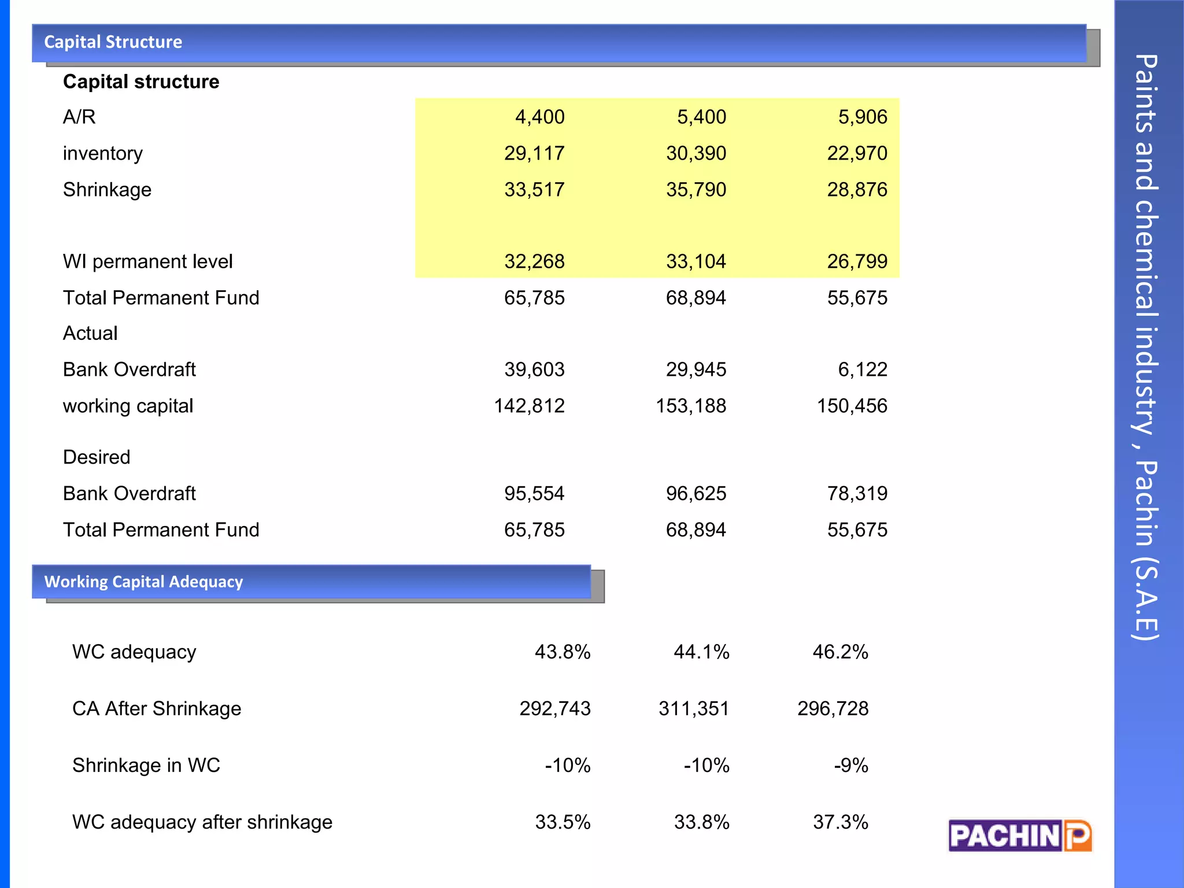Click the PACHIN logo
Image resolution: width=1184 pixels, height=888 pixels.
(x=1020, y=835)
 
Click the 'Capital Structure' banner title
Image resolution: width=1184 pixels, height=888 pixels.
(x=113, y=42)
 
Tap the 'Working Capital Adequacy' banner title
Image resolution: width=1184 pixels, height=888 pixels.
(x=143, y=582)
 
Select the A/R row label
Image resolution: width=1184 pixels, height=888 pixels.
(x=79, y=117)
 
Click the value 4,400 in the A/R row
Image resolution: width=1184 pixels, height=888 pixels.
(x=539, y=117)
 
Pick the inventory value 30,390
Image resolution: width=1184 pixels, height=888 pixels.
(x=695, y=153)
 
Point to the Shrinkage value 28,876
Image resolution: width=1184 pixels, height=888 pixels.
(x=857, y=190)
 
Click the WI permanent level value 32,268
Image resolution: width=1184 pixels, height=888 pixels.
(x=534, y=261)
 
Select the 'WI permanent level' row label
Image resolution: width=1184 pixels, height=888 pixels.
(x=147, y=261)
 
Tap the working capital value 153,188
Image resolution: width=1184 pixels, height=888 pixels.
(x=690, y=406)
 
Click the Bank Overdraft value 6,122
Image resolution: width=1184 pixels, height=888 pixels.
(x=862, y=369)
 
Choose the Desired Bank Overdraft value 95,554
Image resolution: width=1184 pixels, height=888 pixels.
(x=534, y=493)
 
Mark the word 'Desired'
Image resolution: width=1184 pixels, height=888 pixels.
(x=97, y=457)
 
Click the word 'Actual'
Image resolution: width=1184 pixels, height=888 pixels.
(x=90, y=333)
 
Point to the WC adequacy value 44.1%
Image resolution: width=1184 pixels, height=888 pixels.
(x=701, y=652)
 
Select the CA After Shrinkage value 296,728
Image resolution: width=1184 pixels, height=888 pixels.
(x=832, y=708)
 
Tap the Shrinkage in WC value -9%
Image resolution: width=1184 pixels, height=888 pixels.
(x=850, y=765)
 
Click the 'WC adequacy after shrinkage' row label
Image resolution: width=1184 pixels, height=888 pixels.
(x=202, y=822)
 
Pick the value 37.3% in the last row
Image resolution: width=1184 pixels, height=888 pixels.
(x=840, y=822)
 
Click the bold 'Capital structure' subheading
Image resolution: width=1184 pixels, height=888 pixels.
(x=141, y=82)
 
